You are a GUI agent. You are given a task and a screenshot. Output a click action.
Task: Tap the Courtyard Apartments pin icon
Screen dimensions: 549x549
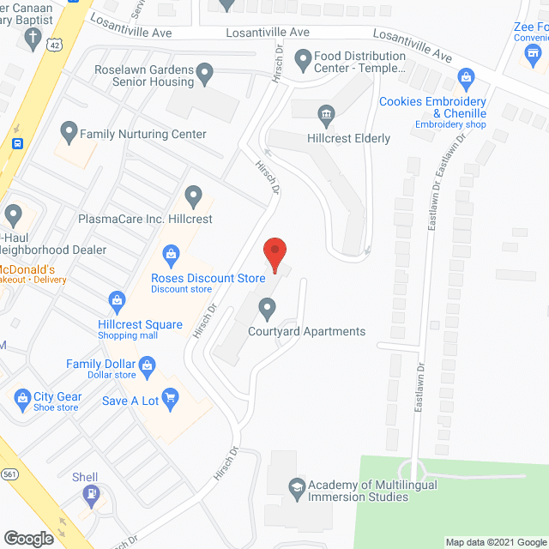pos(268,307)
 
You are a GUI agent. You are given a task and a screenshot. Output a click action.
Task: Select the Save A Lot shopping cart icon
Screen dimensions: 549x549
pos(170,397)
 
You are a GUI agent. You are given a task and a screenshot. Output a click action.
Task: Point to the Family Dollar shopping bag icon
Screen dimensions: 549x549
pos(148,365)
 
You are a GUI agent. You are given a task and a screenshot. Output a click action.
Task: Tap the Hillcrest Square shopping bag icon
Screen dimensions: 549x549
pos(117,300)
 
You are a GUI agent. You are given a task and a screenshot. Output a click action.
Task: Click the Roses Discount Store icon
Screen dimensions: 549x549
pos(171,254)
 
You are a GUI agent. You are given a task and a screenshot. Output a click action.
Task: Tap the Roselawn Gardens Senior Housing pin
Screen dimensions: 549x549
pos(204,75)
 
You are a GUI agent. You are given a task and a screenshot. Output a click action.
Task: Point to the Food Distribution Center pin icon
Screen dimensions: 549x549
pos(302,61)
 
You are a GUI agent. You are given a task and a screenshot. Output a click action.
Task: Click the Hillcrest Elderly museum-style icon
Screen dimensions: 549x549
pos(325,114)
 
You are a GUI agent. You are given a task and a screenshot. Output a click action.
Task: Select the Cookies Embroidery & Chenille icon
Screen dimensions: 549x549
pos(466,78)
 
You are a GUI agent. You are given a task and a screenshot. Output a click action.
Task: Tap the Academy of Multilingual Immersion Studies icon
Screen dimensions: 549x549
pos(297,486)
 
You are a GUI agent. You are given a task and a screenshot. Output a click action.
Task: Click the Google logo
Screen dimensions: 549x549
pos(27,538)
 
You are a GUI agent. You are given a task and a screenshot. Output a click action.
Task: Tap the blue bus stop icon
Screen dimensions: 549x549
pos(17,144)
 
